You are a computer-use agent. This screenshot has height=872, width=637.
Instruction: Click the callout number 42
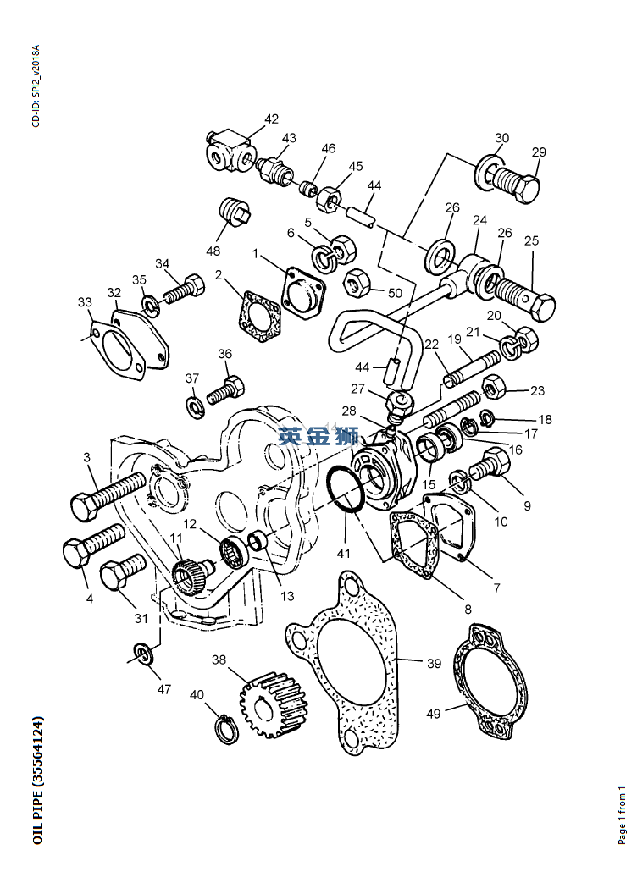coord(271,119)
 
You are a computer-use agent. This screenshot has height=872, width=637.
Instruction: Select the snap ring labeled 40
coord(225,729)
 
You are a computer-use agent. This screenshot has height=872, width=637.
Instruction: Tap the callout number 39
coord(434,664)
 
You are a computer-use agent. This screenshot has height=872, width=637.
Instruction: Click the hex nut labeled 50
coord(355,283)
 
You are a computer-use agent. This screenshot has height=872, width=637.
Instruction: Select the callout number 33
coord(85,302)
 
